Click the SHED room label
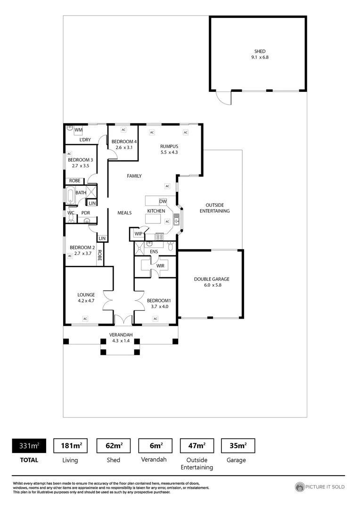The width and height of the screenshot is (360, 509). tap(260, 51)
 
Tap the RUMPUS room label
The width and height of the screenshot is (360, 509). tap(169, 146)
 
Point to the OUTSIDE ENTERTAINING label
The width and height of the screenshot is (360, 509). tap(214, 208)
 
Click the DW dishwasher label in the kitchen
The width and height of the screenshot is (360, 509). tap(163, 201)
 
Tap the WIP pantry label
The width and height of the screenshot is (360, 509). tap(139, 234)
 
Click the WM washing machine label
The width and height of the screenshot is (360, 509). tap(78, 130)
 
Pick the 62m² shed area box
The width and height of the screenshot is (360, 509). tap(113, 445)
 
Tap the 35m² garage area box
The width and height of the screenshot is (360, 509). tap(237, 445)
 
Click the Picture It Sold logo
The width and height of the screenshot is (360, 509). tap(319, 487)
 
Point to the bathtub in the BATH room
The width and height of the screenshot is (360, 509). tap(70, 195)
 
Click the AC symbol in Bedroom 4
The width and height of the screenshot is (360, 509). tap(123, 130)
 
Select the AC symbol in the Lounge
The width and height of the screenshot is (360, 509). tap(85, 319)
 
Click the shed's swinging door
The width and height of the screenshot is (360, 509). tap(223, 98)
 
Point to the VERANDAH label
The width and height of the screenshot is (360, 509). tap(121, 335)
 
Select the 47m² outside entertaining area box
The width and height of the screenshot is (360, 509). tap(197, 445)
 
